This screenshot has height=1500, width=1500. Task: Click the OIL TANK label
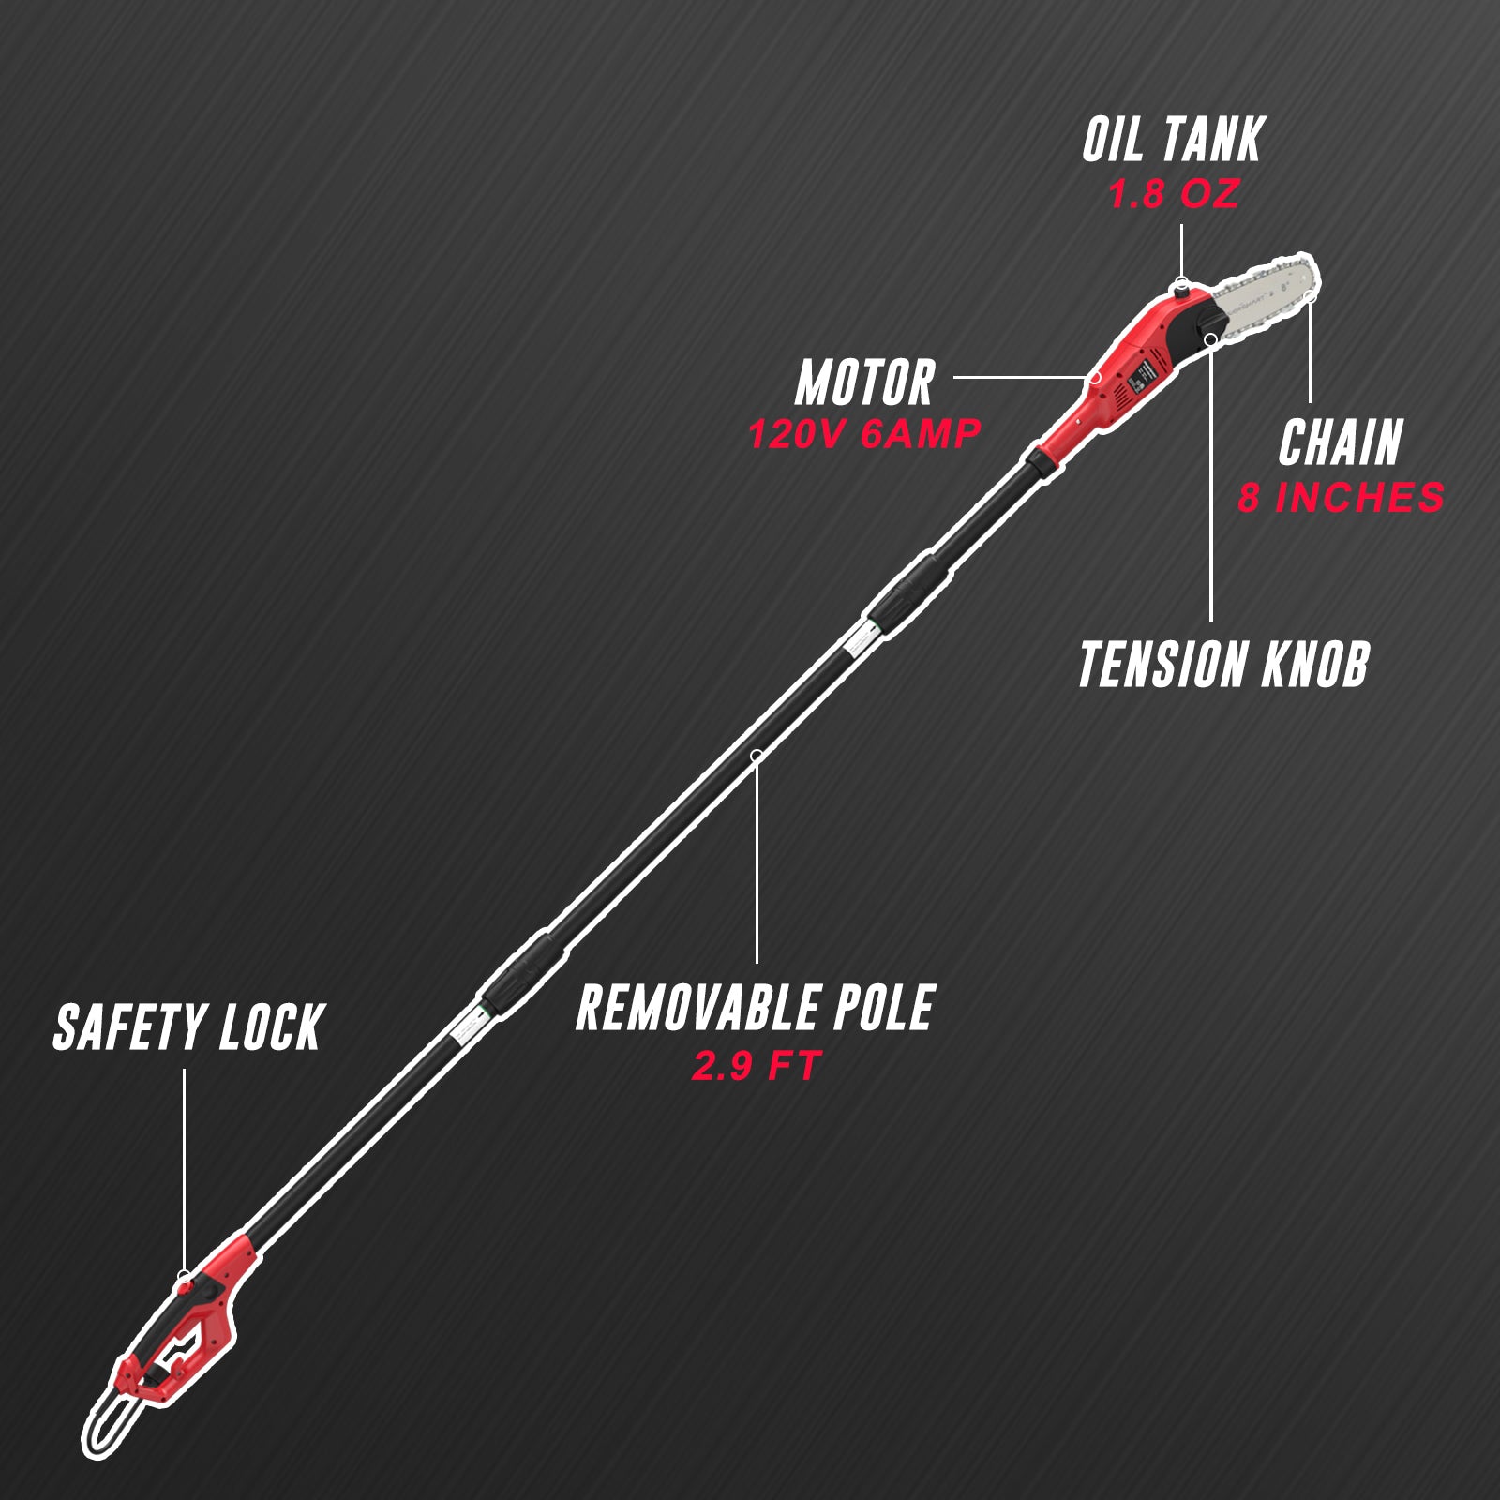pyautogui.click(x=1173, y=141)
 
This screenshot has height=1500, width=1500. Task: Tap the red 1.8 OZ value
pyautogui.click(x=1173, y=194)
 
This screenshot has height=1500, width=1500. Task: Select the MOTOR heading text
pyautogui.click(x=864, y=383)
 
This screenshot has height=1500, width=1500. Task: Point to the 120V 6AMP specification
pyautogui.click(x=863, y=434)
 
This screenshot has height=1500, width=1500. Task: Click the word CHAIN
pyautogui.click(x=1340, y=442)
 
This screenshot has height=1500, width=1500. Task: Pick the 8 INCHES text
pyautogui.click(x=1341, y=497)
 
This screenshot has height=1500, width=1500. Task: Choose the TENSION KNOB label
pyautogui.click(x=1222, y=665)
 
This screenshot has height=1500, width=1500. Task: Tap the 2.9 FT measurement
pyautogui.click(x=756, y=1066)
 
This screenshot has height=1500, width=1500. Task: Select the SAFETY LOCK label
pyautogui.click(x=187, y=1027)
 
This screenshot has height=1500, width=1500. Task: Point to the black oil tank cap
pyautogui.click(x=1180, y=293)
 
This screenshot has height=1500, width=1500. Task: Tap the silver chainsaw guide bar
pyautogui.click(x=1266, y=298)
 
